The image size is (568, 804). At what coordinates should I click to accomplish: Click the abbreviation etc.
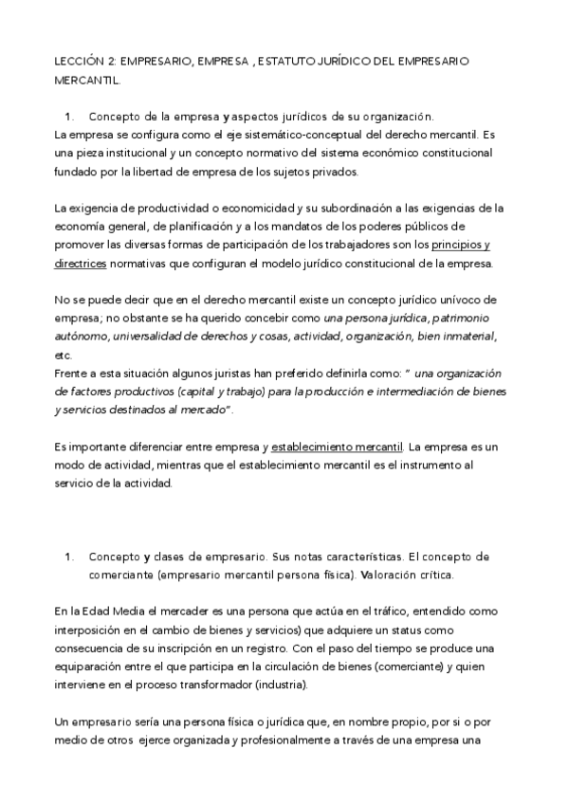(64, 355)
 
